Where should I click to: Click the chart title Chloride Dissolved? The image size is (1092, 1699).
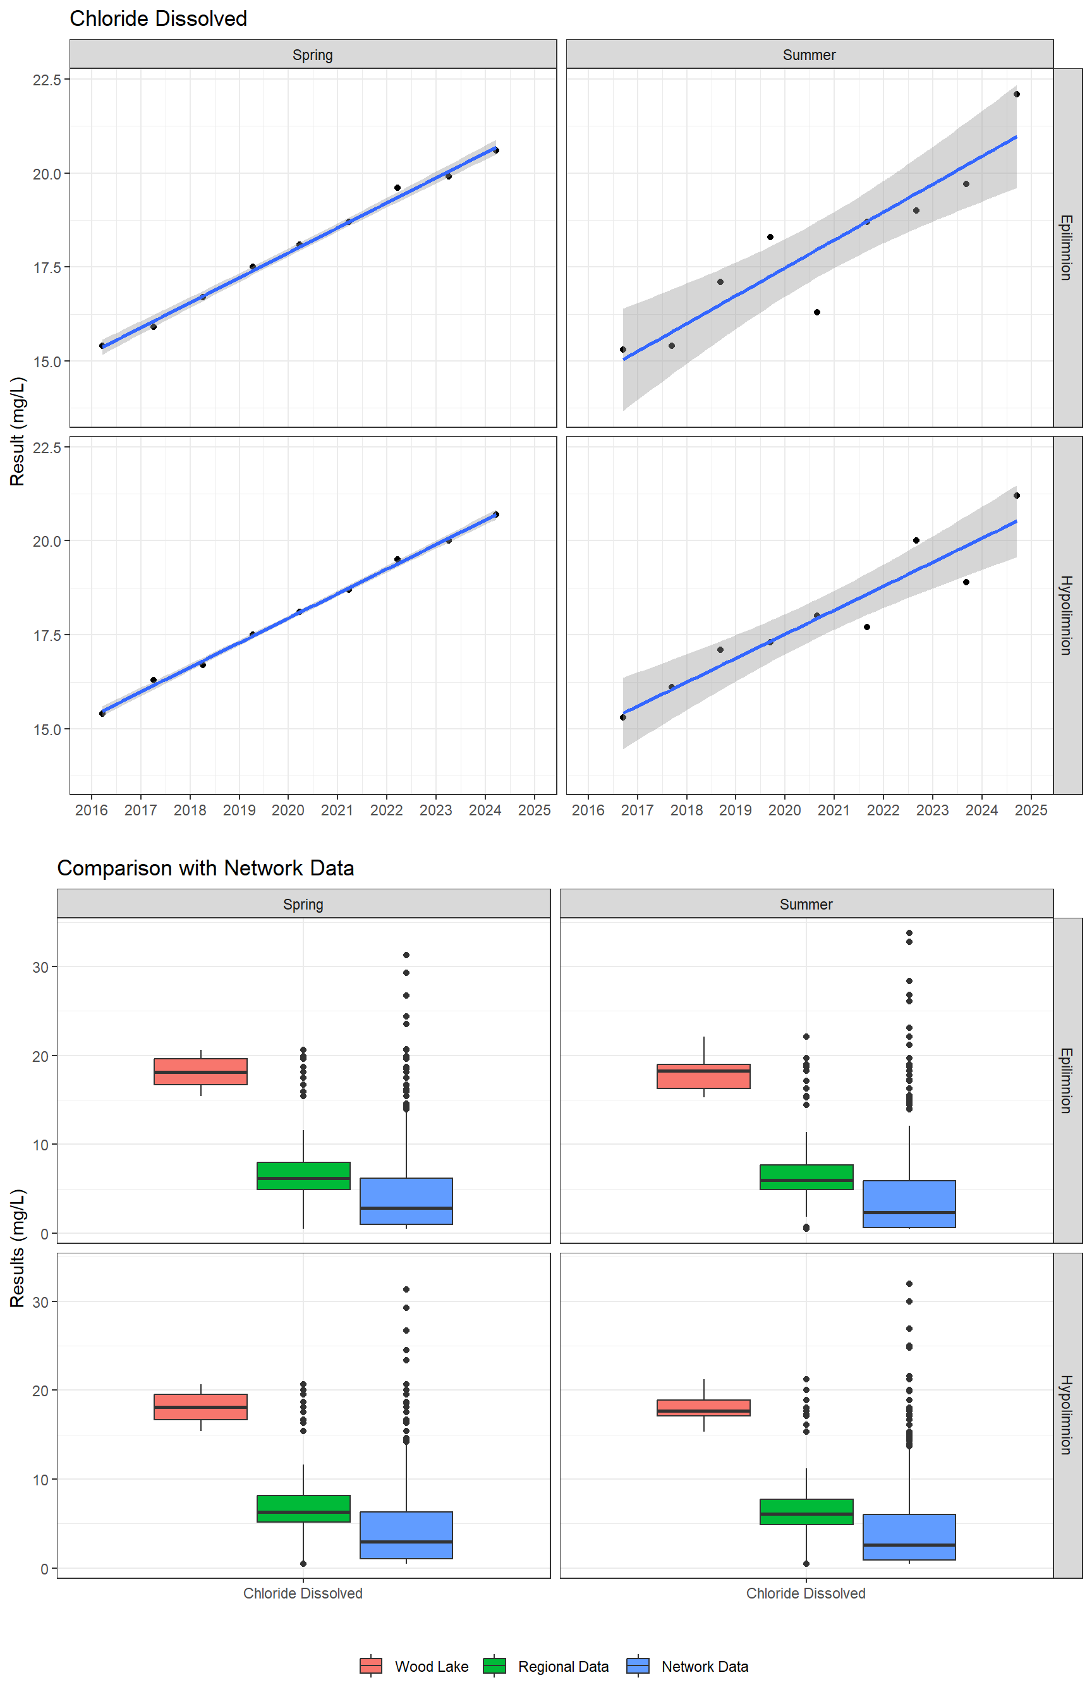pyautogui.click(x=158, y=18)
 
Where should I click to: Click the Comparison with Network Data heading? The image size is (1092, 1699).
pyautogui.click(x=205, y=868)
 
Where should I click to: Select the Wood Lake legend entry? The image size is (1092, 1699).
pyautogui.click(x=431, y=1666)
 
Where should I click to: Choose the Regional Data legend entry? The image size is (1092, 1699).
pyautogui.click(x=563, y=1666)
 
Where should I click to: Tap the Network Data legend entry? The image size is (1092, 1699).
pyautogui.click(x=705, y=1666)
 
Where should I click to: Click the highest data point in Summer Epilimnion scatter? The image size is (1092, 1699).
pyautogui.click(x=1016, y=94)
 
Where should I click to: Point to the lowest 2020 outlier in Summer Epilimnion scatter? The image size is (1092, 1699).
pyautogui.click(x=817, y=313)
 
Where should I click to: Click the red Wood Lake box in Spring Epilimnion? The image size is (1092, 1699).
pyautogui.click(x=201, y=1071)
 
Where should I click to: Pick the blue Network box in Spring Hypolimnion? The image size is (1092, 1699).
pyautogui.click(x=406, y=1535)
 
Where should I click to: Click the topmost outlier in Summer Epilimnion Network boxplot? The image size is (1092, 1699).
pyautogui.click(x=909, y=933)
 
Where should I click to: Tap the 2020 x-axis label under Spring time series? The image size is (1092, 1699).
pyautogui.click(x=288, y=810)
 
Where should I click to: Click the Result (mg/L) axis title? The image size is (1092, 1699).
pyautogui.click(x=17, y=431)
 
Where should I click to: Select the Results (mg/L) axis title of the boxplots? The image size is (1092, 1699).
pyautogui.click(x=17, y=1248)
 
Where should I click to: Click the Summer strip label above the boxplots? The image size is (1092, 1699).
pyautogui.click(x=806, y=904)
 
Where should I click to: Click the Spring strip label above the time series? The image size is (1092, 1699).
pyautogui.click(x=313, y=54)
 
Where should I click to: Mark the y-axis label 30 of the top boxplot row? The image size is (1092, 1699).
pyautogui.click(x=40, y=967)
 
